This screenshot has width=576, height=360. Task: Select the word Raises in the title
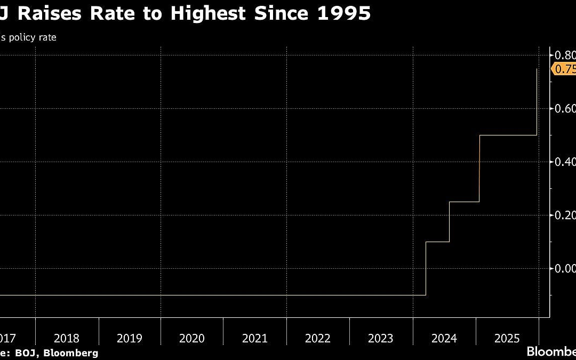pos(49,13)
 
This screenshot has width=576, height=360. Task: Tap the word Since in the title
pos(283,13)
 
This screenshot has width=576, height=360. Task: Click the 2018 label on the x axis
pos(67,338)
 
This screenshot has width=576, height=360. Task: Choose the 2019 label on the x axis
pos(129,338)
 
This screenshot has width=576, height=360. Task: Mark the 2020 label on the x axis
pos(192,338)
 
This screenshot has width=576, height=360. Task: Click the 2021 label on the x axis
pos(255,338)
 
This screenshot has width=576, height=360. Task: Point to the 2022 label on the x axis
pos(318,338)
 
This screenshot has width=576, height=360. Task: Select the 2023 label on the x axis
pos(381,338)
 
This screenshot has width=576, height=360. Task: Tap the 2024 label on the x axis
pos(444,338)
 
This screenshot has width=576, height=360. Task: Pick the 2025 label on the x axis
pos(507,338)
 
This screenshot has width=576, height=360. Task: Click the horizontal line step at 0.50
pos(508,135)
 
